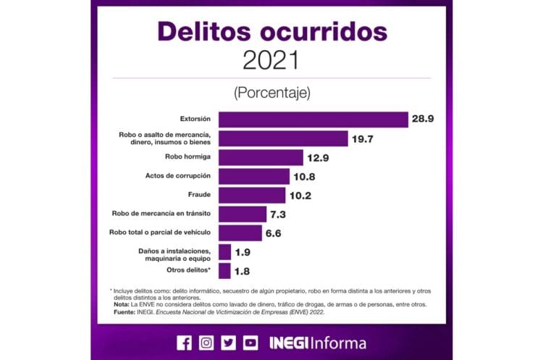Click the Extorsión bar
pyautogui.click(x=313, y=120)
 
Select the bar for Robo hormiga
pyautogui.click(x=261, y=157)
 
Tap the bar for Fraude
pyautogui.click(x=252, y=195)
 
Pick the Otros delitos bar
pyautogui.click(x=224, y=270)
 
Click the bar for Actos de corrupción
pyautogui.click(x=254, y=176)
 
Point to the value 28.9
pyautogui.click(x=424, y=120)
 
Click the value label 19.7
pyautogui.click(x=363, y=138)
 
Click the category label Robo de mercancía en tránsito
pyautogui.click(x=161, y=214)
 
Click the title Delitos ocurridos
pyautogui.click(x=271, y=31)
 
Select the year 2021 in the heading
pyautogui.click(x=271, y=60)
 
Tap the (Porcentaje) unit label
pyautogui.click(x=271, y=93)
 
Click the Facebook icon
pyautogui.click(x=184, y=343)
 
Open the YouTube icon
pyautogui.click(x=251, y=343)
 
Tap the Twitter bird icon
pyautogui.click(x=228, y=343)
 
